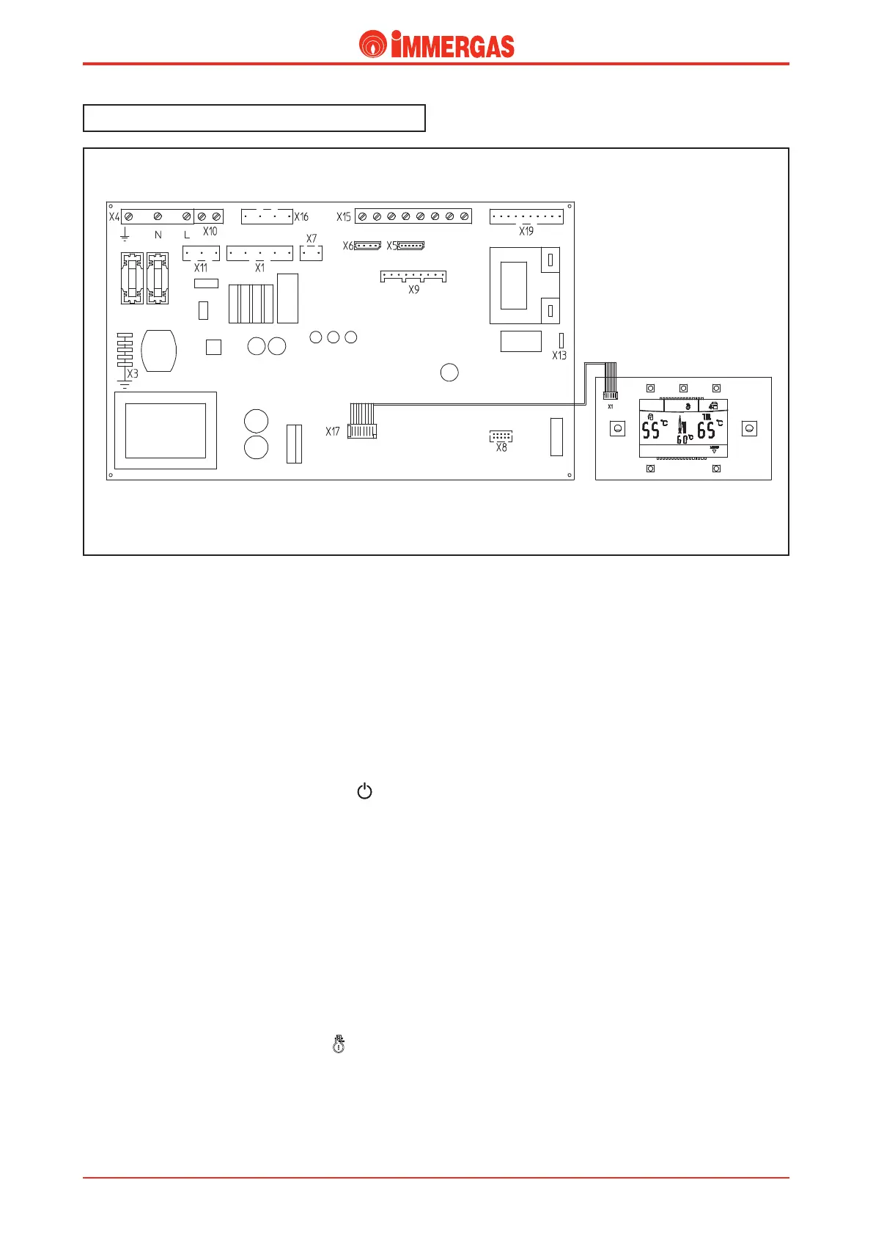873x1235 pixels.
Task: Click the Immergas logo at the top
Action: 436,45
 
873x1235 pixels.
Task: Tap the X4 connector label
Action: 114,217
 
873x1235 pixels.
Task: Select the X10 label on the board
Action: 210,232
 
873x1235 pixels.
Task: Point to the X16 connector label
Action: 301,217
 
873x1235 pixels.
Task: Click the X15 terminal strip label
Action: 344,217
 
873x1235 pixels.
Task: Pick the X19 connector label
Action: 526,232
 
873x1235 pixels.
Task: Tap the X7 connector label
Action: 312,239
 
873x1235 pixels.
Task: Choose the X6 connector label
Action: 348,246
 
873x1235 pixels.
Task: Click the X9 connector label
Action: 414,290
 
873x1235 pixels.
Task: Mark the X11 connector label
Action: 201,268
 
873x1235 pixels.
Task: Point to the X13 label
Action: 559,356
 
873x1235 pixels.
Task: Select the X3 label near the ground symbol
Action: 133,374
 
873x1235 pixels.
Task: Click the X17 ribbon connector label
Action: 333,432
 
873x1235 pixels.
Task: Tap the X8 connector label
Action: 501,447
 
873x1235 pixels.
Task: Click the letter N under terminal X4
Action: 158,235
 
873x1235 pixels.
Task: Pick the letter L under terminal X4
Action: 187,235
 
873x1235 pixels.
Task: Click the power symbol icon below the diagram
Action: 364,791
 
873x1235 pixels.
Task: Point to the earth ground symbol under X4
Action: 125,234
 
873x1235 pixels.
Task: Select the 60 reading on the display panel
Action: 682,439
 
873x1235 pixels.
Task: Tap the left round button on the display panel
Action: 618,428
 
